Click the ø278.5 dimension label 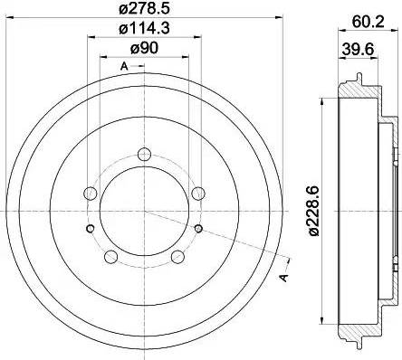[144, 8]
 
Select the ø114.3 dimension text [144, 28]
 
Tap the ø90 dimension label [144, 48]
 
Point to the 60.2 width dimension [368, 22]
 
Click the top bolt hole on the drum [144, 154]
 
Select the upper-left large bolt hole [91, 194]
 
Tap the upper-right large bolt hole [198, 194]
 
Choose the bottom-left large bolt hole [110, 257]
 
